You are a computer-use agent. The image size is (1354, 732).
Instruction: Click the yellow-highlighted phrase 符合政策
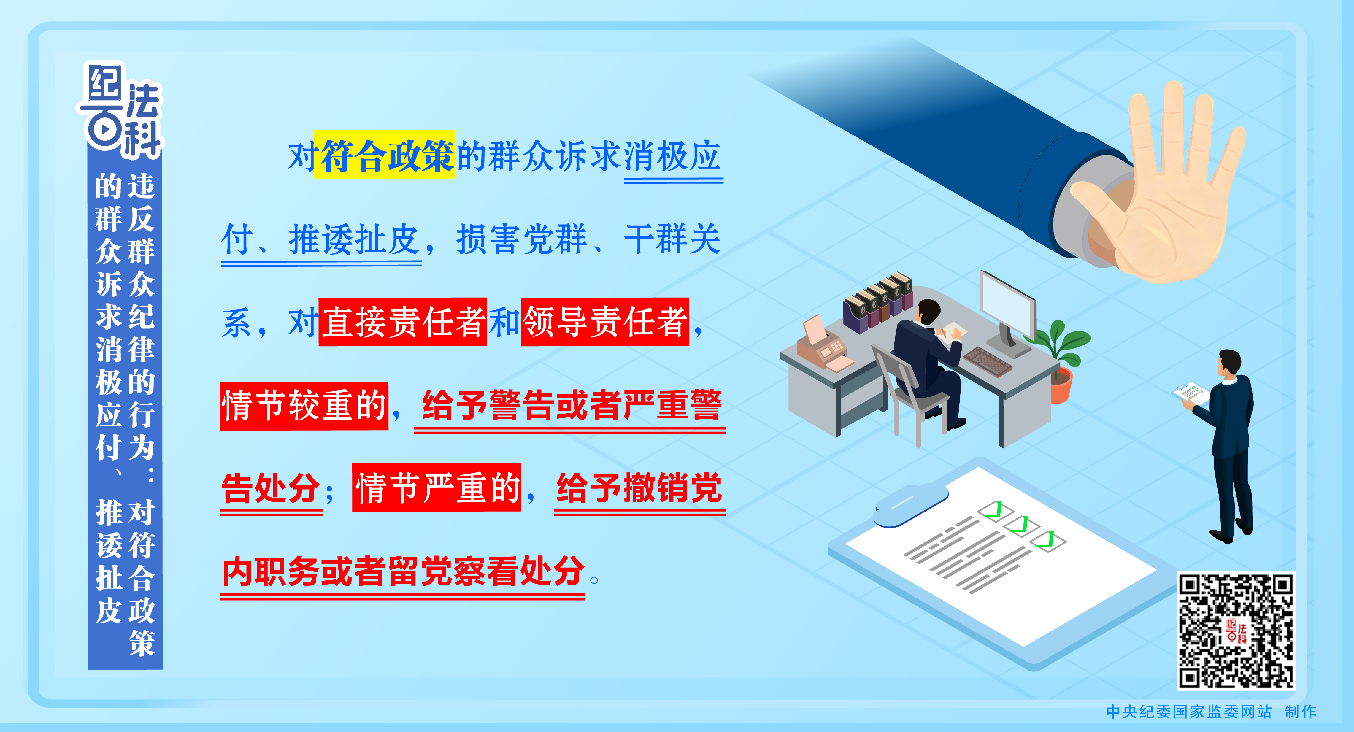tap(384, 155)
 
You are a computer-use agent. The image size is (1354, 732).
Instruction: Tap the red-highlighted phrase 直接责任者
tap(403, 322)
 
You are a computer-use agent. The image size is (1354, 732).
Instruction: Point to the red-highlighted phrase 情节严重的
tap(436, 487)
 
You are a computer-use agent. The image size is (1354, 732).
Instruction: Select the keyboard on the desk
tap(987, 361)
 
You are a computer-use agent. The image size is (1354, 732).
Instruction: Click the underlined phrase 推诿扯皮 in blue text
tap(354, 240)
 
